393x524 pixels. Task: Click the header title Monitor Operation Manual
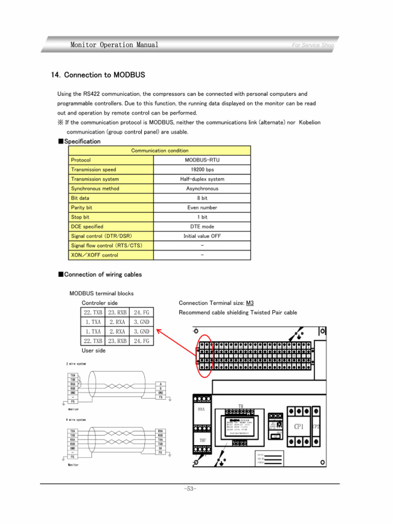[x=114, y=45]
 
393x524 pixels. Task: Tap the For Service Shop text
[x=312, y=45]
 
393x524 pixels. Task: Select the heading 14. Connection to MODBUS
[x=98, y=75]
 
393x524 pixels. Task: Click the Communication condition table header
[x=160, y=150]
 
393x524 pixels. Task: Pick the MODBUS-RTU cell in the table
[x=202, y=160]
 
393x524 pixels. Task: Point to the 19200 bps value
[x=202, y=169]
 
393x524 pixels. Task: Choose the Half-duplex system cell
[x=202, y=179]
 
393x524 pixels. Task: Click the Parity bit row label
[x=82, y=208]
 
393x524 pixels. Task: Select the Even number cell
[x=202, y=208]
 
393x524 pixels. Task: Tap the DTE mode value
[x=202, y=227]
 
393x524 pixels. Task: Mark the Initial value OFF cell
[x=202, y=236]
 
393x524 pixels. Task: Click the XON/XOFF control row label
[x=95, y=255]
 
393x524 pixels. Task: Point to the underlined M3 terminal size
[x=250, y=303]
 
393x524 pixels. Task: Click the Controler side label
[x=100, y=303]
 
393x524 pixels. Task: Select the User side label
[x=94, y=351]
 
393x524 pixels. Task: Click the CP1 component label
[x=298, y=426]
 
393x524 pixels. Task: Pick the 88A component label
[x=201, y=410]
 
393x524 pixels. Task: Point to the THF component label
[x=202, y=440]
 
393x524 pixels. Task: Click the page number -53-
[x=190, y=489]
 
